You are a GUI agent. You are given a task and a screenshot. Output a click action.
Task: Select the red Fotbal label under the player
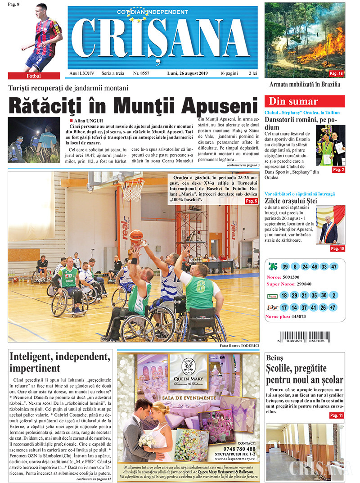pos(34,76)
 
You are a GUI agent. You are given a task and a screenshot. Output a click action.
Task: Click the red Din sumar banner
pos(304,101)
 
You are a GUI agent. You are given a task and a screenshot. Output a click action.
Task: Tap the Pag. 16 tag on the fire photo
pos(336,73)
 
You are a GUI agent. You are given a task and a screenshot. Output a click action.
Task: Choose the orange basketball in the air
pos(136,236)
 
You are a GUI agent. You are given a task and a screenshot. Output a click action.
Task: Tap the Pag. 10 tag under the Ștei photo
pos(337,248)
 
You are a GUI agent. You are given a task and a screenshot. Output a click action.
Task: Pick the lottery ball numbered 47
pos(333,266)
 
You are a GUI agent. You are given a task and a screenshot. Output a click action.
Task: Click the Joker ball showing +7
pos(333,308)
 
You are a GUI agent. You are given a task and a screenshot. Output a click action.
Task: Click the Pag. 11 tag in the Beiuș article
pos(337,415)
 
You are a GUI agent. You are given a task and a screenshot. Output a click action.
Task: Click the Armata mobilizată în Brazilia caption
pos(304,84)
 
